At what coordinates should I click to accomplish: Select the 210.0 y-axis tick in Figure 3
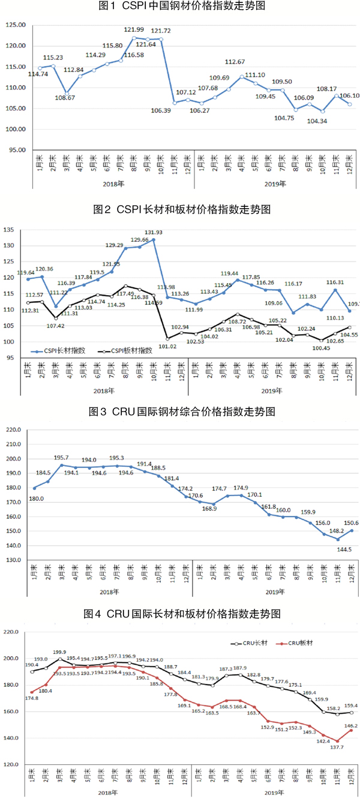[14, 430]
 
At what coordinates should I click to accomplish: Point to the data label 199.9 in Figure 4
[61, 652]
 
